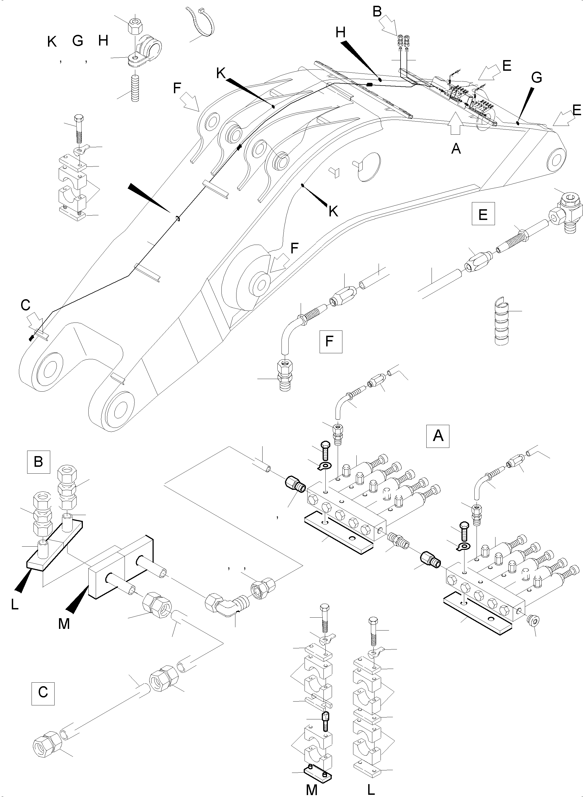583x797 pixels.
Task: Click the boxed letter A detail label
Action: (438, 436)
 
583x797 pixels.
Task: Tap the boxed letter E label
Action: (483, 213)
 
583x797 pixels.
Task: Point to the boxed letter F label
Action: (330, 341)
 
